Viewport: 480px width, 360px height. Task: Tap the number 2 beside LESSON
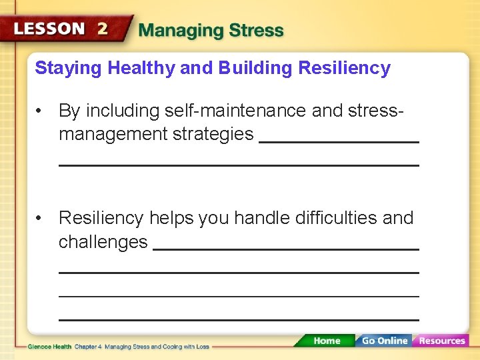point(103,29)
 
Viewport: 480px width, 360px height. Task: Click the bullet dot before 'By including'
point(41,111)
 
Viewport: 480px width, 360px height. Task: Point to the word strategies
point(213,134)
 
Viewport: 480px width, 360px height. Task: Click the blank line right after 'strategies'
point(339,141)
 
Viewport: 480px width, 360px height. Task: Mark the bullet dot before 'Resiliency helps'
point(41,219)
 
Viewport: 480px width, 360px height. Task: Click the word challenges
point(103,242)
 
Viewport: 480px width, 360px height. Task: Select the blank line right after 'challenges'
point(286,249)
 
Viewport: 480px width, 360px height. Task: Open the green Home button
point(326,341)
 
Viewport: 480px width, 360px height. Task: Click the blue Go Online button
point(383,341)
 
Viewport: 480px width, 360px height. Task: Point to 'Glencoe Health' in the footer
point(49,347)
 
